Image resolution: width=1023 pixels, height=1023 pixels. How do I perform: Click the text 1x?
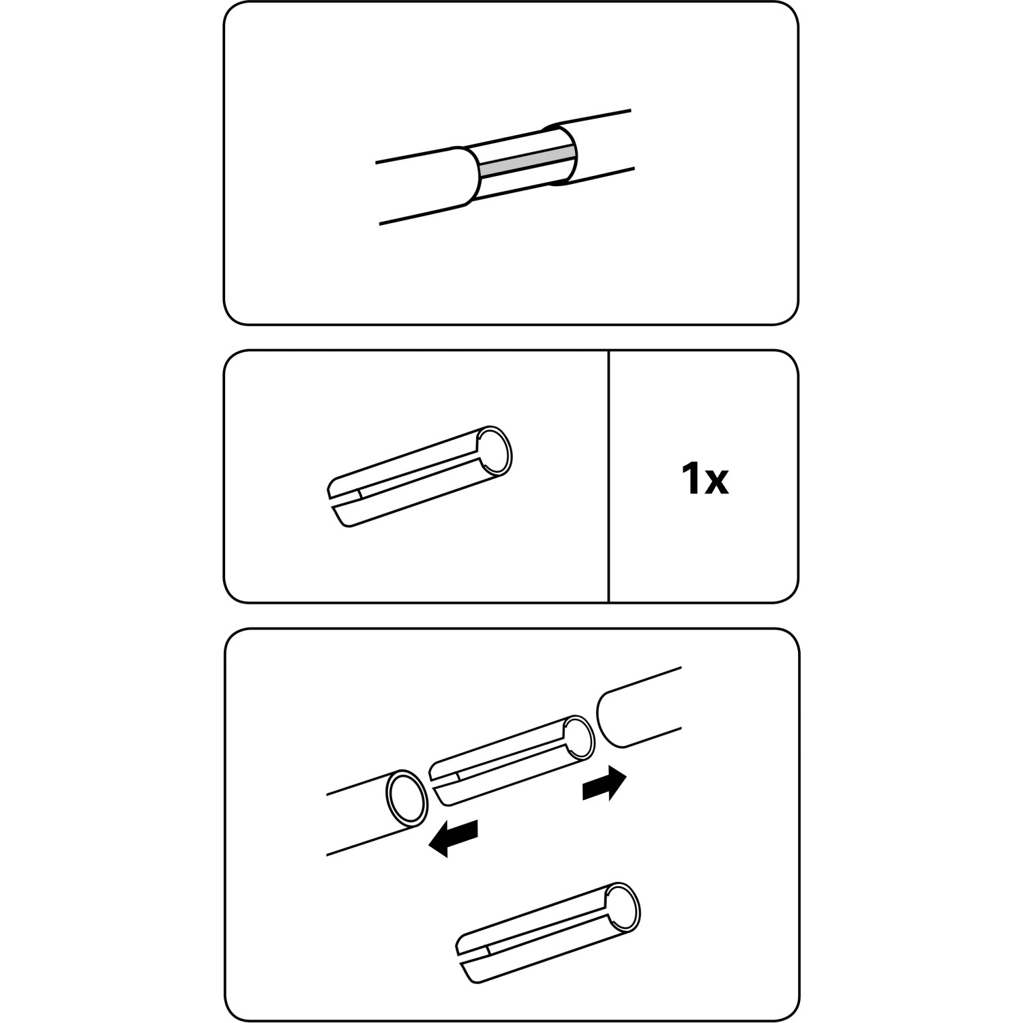pos(705,479)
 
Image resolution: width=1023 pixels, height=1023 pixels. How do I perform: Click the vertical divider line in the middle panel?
pos(608,476)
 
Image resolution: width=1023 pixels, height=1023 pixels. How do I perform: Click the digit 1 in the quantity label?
pos(691,479)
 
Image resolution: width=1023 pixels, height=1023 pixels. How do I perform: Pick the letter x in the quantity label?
pos(717,483)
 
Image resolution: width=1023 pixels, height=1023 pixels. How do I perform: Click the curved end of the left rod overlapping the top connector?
pos(468,175)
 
